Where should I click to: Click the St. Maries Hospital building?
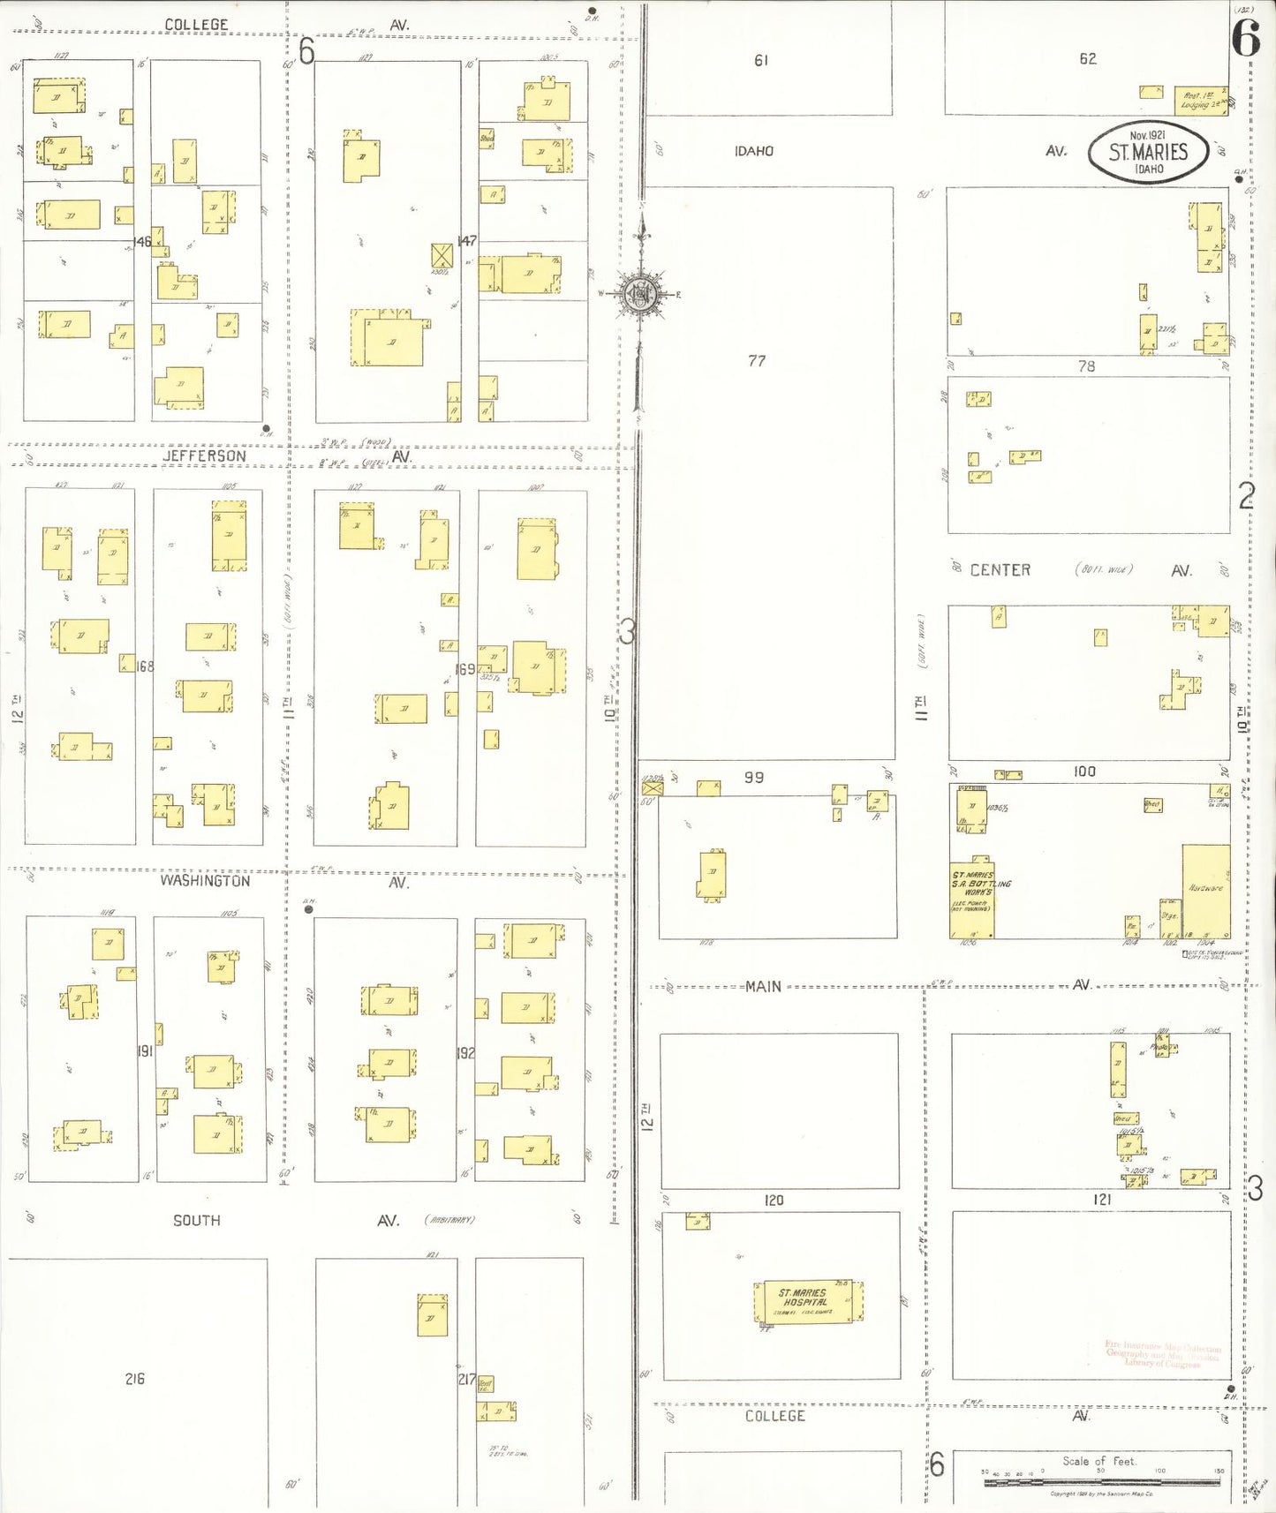(x=804, y=1302)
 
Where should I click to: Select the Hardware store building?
(x=1205, y=890)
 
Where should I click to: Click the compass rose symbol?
(x=640, y=294)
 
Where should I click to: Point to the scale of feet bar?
(x=1101, y=1482)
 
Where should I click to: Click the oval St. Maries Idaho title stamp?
(x=1148, y=152)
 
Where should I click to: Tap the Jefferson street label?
(x=204, y=455)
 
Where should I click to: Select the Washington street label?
(x=205, y=880)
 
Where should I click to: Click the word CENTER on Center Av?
(x=1000, y=570)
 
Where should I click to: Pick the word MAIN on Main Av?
(x=763, y=986)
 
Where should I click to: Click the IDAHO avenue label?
(x=753, y=151)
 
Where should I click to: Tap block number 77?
(x=757, y=360)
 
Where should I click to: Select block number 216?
(x=134, y=1378)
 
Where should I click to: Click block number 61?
(x=760, y=60)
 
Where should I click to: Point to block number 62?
(x=1087, y=59)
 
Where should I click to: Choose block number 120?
(x=774, y=1200)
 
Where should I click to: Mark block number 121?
(x=1101, y=1200)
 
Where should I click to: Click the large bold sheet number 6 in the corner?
(x=1245, y=37)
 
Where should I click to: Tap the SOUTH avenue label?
(x=196, y=1220)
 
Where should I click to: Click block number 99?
(x=753, y=778)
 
